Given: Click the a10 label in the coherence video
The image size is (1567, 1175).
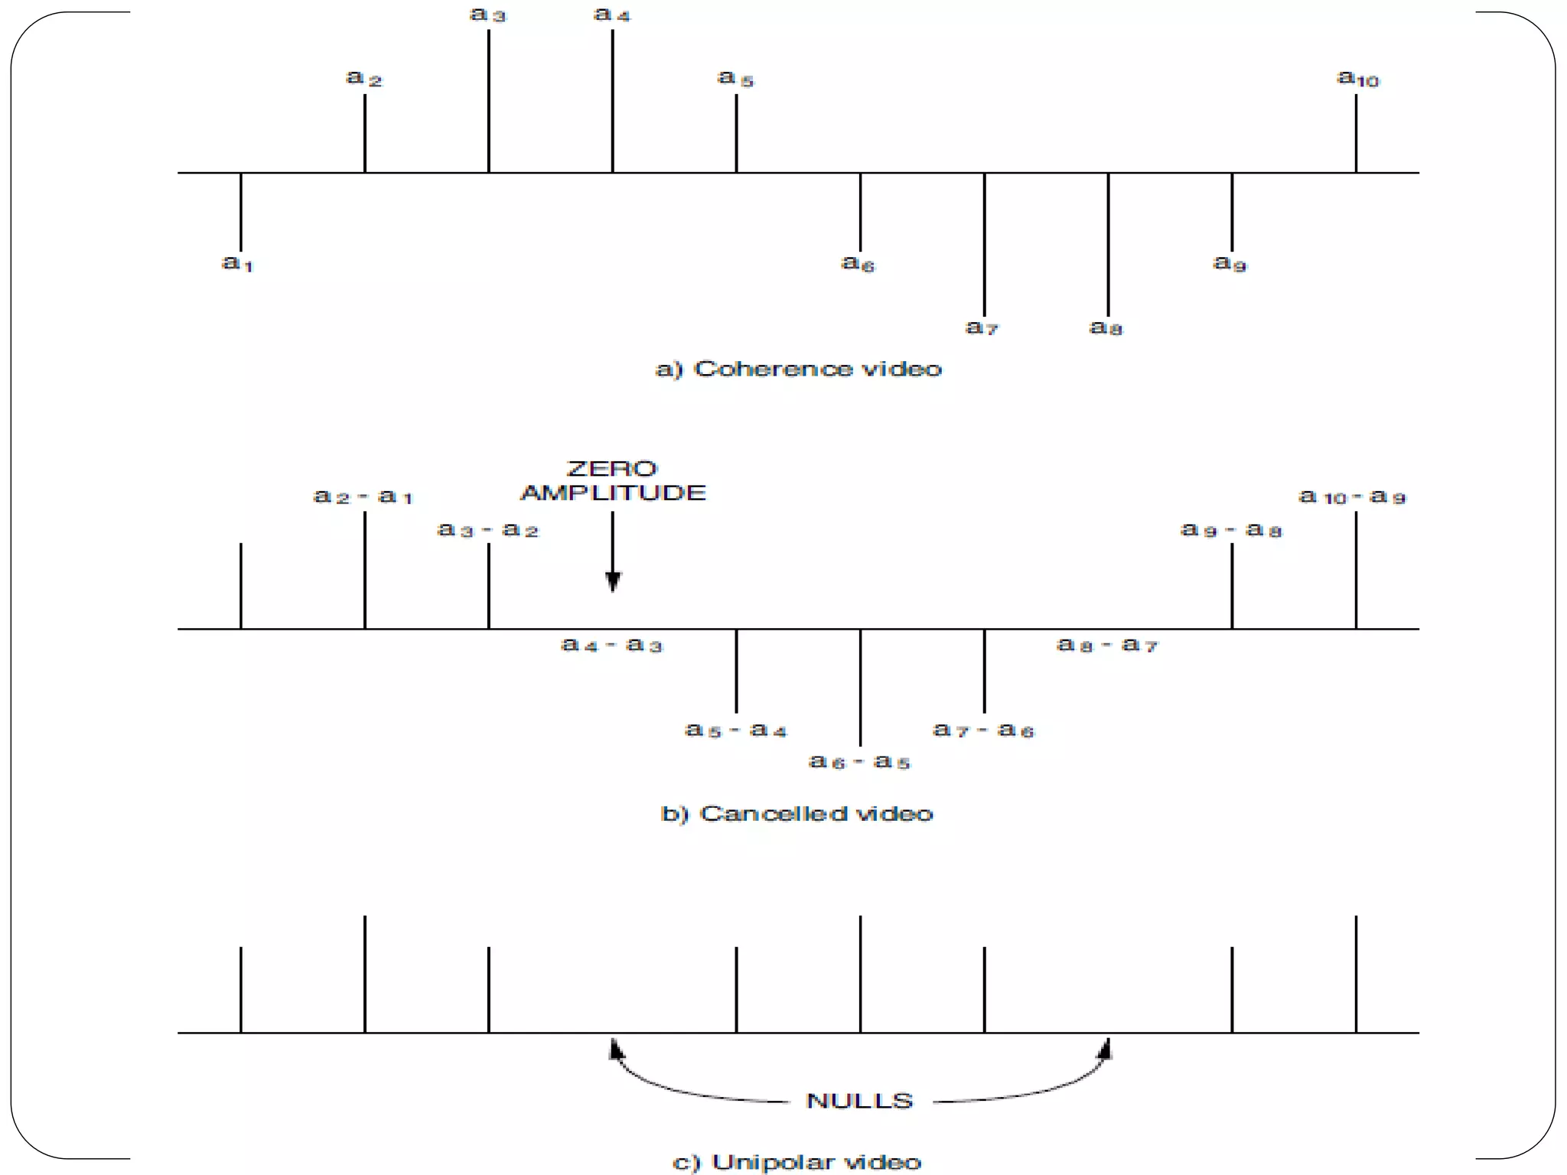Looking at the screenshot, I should pos(1357,79).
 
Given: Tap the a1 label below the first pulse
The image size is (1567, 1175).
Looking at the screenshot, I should pos(237,264).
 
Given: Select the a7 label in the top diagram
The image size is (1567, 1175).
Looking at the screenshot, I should pos(982,328).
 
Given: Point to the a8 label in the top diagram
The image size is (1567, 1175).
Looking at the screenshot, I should pos(1106,328).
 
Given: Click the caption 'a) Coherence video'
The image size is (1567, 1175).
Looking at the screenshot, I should pos(798,369).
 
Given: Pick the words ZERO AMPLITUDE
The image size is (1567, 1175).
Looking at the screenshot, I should pos(612,481).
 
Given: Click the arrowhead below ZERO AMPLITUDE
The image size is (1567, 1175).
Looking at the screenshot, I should pos(613,582).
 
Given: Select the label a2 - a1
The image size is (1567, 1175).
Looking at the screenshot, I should pos(363,497).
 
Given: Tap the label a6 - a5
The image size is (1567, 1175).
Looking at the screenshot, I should pos(860,762).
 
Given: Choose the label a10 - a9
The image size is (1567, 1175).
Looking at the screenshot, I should pos(1352,497).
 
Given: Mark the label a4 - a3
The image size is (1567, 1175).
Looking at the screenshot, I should pos(611,645).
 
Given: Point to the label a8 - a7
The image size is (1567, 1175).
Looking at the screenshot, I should pos(1107,645).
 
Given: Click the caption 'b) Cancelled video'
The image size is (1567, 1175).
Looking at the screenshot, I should pos(797,813).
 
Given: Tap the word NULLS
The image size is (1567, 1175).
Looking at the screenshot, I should pos(860,1101).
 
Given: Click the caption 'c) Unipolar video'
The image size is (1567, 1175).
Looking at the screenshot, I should pos(797,1162).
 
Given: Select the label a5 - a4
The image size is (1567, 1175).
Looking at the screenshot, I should pos(735,731).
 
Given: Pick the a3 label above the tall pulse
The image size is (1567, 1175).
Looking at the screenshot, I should pos(487,15).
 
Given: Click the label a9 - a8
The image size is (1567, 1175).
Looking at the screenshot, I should pos(1231,529).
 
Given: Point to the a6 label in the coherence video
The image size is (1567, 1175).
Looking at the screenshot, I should pos(858,264).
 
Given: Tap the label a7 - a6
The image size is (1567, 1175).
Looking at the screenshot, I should pos(983,731).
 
